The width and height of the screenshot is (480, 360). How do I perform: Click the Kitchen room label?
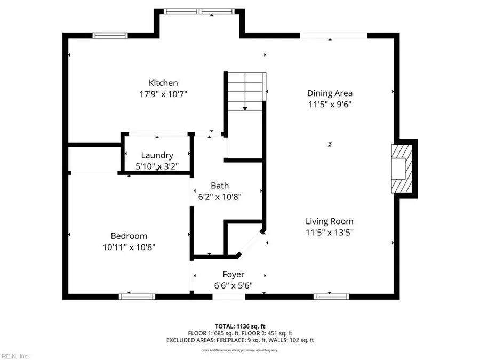163,83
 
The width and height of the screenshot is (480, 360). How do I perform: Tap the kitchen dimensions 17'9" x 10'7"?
163,94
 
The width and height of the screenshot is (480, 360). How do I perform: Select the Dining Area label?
329,93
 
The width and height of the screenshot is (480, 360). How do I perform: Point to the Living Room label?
329,221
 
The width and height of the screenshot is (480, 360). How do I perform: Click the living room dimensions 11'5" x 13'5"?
329,232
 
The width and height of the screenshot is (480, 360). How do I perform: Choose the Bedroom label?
129,236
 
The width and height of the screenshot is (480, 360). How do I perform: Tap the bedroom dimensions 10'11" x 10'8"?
129,247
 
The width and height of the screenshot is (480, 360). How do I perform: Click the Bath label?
220,186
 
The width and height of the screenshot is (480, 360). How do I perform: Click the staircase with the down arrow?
245,91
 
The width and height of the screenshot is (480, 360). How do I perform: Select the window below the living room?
327,296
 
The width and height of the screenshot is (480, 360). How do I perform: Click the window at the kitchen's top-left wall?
110,36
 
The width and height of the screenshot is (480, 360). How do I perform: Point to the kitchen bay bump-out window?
198,11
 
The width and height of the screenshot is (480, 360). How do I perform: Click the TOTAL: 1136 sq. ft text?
239,325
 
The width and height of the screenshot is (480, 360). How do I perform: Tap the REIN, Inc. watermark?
15,356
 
